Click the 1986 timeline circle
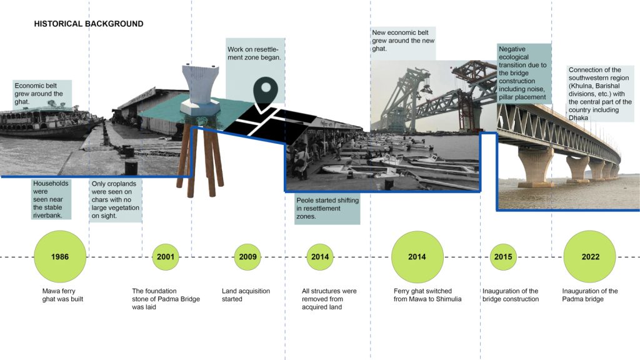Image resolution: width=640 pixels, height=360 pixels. click(60, 257)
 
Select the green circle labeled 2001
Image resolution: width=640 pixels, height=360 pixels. click(165, 257)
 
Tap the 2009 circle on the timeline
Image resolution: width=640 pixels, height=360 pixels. click(247, 257)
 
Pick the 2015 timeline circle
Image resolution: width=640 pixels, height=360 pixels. click(503, 257)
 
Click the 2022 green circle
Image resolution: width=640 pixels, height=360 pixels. click(590, 257)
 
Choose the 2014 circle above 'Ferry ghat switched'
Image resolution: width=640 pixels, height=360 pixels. click(417, 257)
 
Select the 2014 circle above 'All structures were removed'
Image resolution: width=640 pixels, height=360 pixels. click(320, 257)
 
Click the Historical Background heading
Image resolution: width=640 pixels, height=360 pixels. click(89, 24)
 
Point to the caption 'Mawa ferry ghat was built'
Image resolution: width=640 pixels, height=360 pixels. click(62, 295)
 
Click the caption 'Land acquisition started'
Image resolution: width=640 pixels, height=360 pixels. click(246, 295)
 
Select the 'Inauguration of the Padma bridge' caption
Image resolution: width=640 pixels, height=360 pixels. click(590, 295)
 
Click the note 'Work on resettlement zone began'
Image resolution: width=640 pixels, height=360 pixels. click(255, 54)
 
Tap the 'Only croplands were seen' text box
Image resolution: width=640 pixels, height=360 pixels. click(116, 200)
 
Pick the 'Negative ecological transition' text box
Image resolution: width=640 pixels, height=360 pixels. click(524, 73)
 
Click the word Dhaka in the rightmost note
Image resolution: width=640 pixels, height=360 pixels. click(578, 118)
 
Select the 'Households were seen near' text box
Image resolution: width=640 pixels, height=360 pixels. click(51, 199)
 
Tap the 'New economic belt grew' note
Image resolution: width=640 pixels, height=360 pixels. click(403, 41)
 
